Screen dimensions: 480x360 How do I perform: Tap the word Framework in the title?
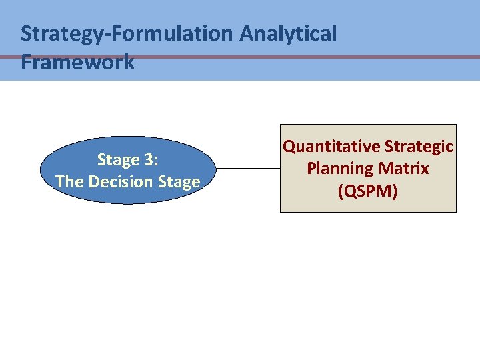[77, 63]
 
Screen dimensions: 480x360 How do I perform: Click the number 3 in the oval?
[147, 160]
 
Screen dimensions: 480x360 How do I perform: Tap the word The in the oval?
[69, 181]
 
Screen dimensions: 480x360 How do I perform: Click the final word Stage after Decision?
[180, 181]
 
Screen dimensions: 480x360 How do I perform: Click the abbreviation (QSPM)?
[368, 191]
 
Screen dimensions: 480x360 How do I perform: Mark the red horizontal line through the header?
[400, 57]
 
